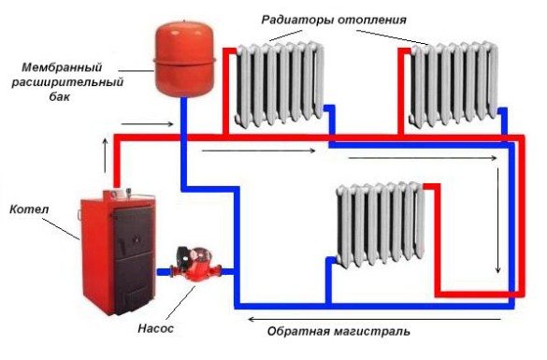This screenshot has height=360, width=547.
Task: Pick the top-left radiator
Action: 279,85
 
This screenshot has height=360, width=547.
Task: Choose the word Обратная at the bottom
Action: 300,331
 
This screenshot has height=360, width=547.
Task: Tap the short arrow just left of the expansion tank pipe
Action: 159,122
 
